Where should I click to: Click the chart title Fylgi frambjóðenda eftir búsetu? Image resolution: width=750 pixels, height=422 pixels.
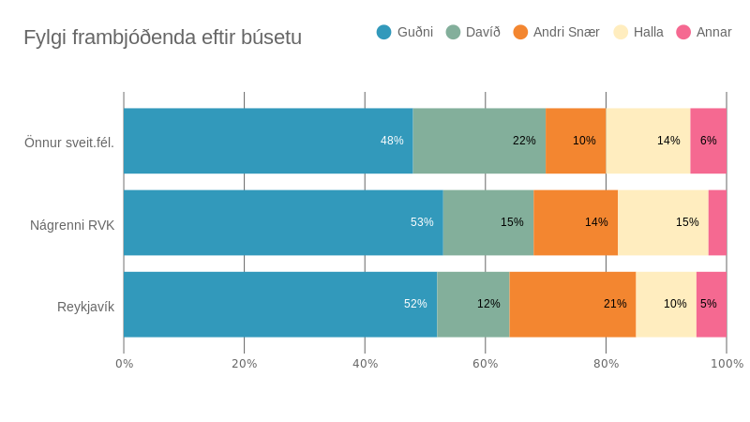click(x=162, y=38)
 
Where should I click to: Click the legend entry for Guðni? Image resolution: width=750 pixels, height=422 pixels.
click(x=405, y=32)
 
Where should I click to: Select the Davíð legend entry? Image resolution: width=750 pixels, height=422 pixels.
click(x=473, y=32)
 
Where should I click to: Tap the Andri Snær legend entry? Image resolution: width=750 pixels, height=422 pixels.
click(x=557, y=32)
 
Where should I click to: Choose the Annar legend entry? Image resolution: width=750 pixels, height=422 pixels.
click(x=704, y=32)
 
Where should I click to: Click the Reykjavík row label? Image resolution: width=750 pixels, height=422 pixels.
click(x=85, y=307)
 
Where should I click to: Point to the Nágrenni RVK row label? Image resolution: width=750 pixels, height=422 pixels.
click(x=72, y=225)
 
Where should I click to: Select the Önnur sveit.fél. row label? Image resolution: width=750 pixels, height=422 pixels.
click(x=69, y=143)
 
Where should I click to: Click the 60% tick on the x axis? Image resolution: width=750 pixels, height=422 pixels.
click(x=486, y=364)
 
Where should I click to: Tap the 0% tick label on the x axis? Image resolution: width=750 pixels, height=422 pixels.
click(x=124, y=364)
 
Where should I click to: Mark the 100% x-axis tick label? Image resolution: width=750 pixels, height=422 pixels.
click(x=727, y=364)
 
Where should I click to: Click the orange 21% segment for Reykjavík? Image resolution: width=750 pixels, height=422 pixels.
click(x=573, y=304)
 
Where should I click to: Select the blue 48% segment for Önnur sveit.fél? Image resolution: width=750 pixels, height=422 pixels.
click(x=268, y=141)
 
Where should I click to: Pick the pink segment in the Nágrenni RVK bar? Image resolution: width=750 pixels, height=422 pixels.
click(x=717, y=222)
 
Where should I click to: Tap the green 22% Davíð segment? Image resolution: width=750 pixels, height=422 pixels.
click(x=479, y=141)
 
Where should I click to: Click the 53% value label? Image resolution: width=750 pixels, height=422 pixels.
click(x=422, y=222)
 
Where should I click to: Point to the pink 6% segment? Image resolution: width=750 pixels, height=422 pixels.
click(x=709, y=141)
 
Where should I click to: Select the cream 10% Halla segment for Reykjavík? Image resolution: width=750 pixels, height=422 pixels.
click(x=666, y=304)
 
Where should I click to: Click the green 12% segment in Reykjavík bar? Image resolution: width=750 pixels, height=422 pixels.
click(x=473, y=304)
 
